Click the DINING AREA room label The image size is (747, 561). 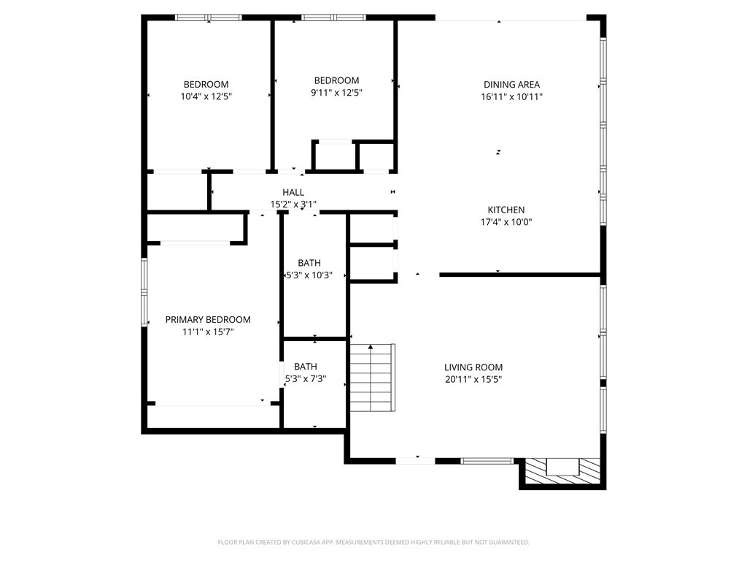[511, 85]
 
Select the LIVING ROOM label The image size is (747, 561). [473, 367]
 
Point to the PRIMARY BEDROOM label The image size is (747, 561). [208, 320]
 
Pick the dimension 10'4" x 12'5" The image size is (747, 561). [206, 96]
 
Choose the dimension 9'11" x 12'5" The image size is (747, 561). [336, 93]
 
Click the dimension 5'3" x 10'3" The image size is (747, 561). [309, 275]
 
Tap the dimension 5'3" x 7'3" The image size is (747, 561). [306, 379]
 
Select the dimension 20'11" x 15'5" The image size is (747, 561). [473, 379]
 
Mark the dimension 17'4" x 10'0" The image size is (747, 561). [506, 222]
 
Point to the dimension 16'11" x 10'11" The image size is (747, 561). [511, 96]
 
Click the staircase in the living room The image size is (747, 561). [372, 378]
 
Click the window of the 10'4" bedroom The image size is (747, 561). [209, 18]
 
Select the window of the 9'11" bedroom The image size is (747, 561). [333, 18]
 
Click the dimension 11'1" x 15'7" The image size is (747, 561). [208, 332]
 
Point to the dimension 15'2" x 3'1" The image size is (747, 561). [293, 205]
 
